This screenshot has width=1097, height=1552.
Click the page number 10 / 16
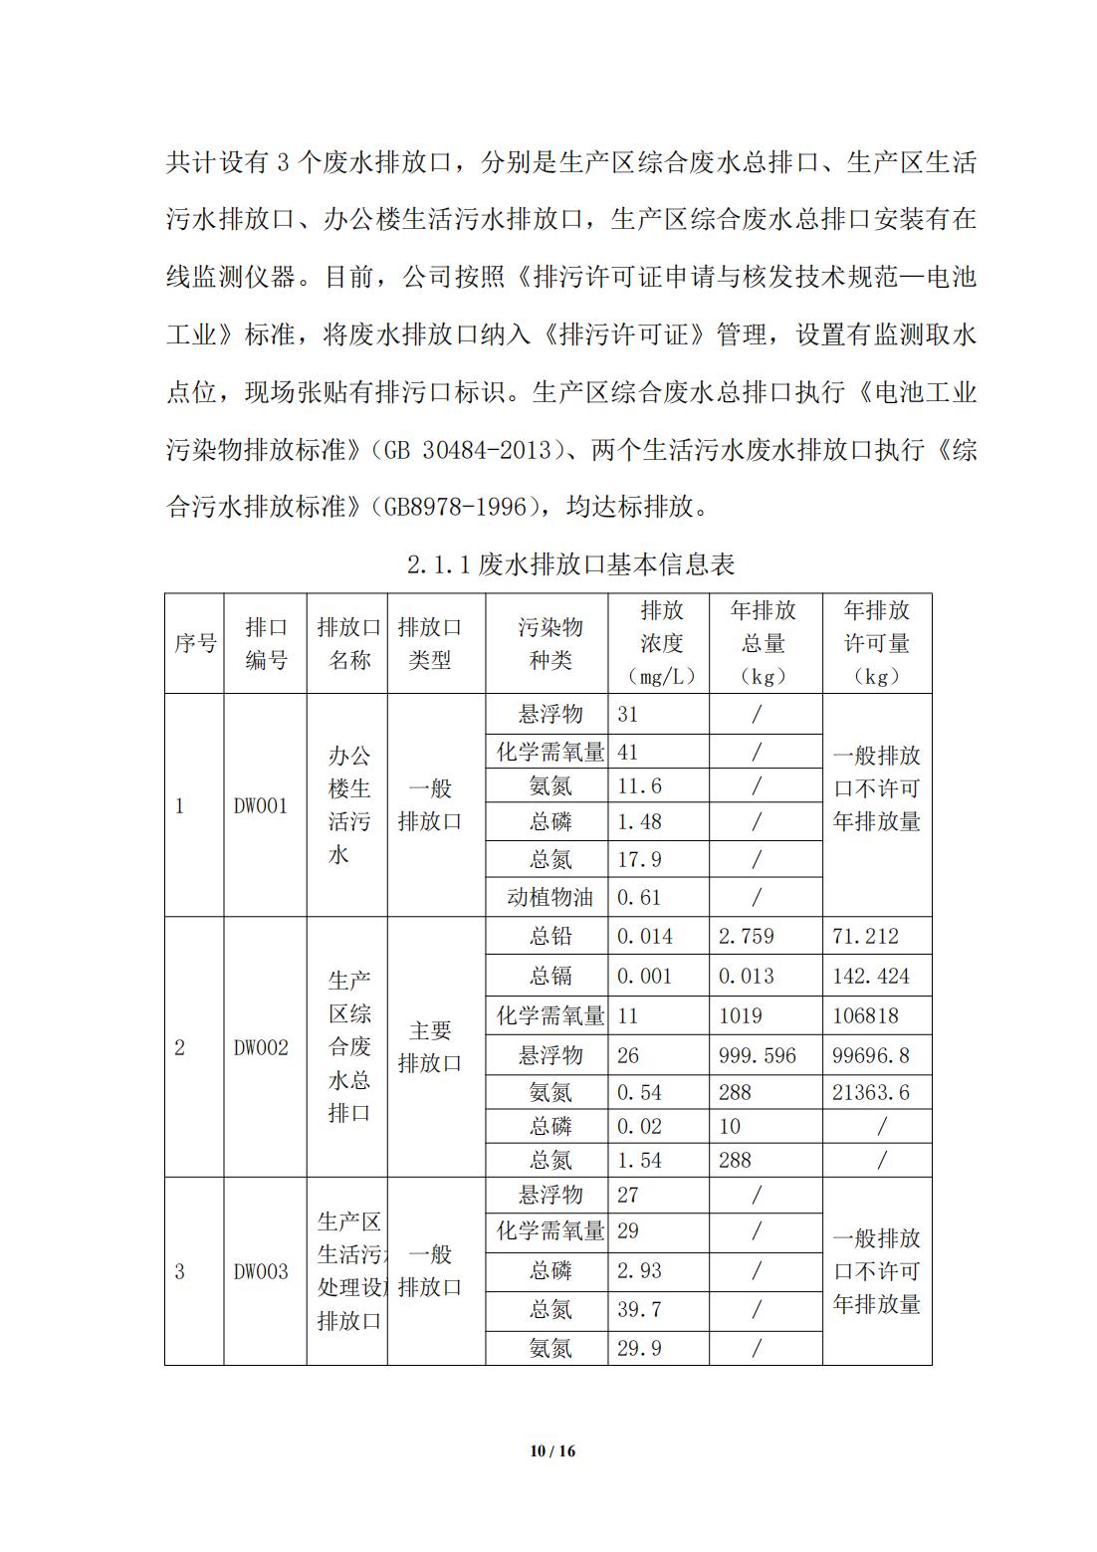tap(552, 1450)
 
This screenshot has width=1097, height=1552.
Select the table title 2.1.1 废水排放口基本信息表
tap(570, 565)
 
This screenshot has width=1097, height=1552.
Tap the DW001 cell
tap(261, 805)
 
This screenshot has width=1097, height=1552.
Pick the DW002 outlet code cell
tap(261, 1047)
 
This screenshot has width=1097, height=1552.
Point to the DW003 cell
tap(261, 1271)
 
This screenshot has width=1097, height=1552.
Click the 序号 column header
tap(195, 643)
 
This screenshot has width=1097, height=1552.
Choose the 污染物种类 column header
tap(549, 643)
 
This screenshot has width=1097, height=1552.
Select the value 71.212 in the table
tap(865, 936)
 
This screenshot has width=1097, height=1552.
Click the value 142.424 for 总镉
tap(871, 976)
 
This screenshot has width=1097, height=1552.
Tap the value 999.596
tap(758, 1055)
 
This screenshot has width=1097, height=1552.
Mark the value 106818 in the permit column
tap(865, 1015)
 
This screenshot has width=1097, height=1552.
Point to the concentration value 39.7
tap(639, 1309)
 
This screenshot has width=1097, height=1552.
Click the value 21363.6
tap(871, 1092)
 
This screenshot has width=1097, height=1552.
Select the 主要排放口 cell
tap(430, 1047)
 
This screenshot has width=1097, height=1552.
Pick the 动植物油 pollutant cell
tap(549, 897)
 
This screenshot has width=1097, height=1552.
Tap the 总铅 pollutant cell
tap(549, 936)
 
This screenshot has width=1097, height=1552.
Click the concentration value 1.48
tap(639, 822)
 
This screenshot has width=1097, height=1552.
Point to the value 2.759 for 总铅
tap(747, 936)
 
